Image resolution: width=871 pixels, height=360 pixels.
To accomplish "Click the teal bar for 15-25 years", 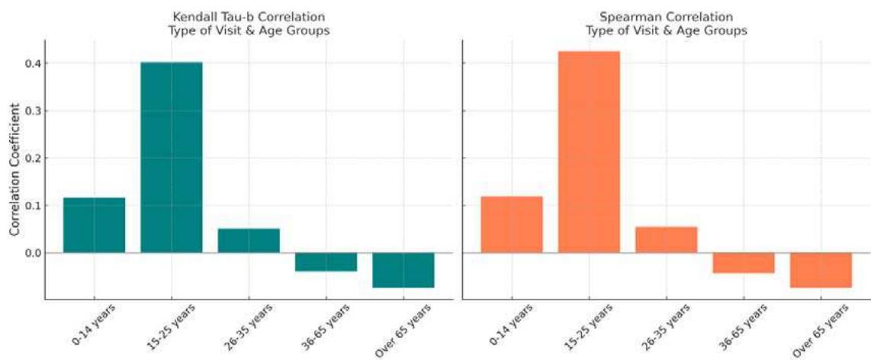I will (172, 157).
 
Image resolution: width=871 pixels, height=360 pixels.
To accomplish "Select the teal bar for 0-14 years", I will (95, 225).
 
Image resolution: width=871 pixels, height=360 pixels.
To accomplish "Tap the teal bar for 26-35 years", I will (249, 240).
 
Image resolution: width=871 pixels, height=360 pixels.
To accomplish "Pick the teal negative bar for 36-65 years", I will (326, 262).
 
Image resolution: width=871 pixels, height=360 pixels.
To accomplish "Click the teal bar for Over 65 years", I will (403, 270).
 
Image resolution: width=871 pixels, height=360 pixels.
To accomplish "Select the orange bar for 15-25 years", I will (589, 152).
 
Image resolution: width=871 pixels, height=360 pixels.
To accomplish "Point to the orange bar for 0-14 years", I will (512, 224).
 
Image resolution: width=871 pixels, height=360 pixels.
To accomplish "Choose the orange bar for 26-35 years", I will (666, 239).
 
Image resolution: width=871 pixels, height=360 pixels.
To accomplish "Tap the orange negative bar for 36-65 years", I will (744, 262).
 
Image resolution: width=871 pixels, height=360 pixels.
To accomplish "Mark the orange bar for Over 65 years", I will (821, 270).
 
